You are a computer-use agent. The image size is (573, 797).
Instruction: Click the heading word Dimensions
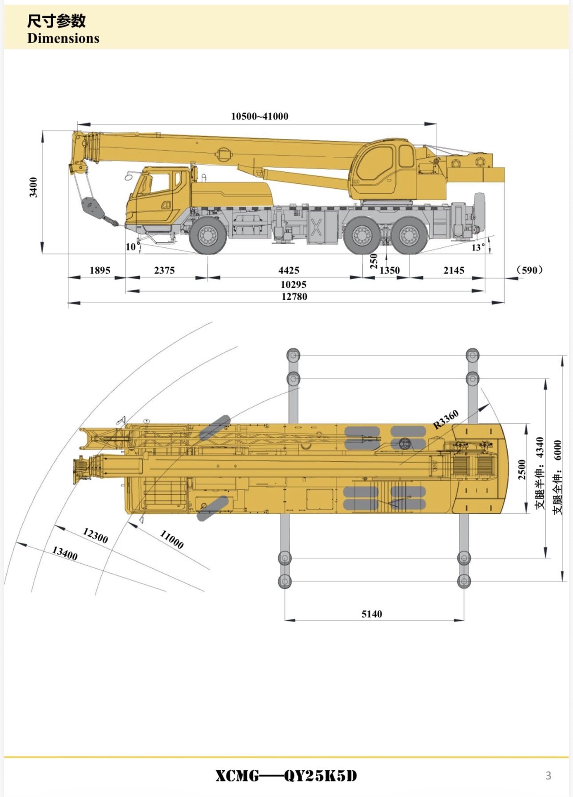pos(63,38)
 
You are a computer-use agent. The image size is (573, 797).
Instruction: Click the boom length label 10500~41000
pos(259,116)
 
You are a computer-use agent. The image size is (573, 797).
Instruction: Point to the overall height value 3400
pos(33,187)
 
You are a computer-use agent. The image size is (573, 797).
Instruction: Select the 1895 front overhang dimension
pos(99,270)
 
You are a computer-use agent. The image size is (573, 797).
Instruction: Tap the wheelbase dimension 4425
pos(289,270)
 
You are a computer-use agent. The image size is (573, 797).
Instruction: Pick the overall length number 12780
pos(294,296)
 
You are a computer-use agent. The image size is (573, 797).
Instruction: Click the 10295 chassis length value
pos(294,284)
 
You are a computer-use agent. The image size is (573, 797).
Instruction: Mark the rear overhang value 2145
pos(454,270)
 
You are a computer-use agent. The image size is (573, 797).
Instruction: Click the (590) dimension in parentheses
pos(530,270)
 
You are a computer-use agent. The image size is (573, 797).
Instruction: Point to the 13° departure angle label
pos(478,247)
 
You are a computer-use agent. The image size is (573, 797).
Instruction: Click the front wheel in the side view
pos(208,235)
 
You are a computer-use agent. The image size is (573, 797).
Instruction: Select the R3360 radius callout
pos(446,420)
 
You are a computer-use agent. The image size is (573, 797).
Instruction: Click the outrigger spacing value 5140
pos(371,614)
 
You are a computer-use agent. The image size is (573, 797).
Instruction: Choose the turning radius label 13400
pos(65,553)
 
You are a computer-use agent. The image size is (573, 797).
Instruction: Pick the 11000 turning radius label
pos(171,539)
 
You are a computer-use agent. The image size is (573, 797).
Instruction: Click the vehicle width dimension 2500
pos(522,469)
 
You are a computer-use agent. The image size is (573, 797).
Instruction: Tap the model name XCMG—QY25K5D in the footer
pos(286,776)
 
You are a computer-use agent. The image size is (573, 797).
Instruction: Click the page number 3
pos(548,775)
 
